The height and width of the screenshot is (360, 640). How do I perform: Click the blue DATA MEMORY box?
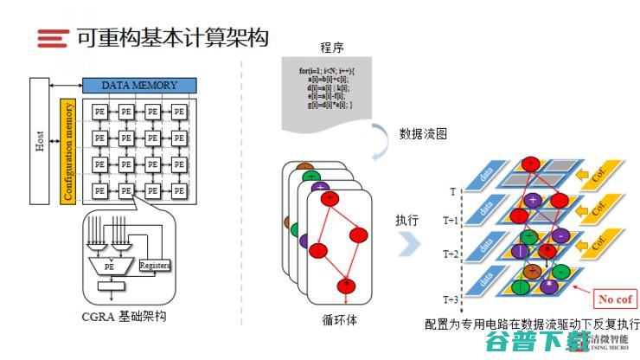click(139, 85)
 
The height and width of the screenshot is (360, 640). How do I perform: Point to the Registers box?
click(154, 266)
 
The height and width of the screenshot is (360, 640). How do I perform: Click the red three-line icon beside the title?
click(53, 37)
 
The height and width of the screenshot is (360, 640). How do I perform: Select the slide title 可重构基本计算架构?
click(172, 37)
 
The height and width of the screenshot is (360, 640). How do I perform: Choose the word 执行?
click(406, 220)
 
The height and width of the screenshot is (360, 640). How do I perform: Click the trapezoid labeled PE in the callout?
click(110, 267)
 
